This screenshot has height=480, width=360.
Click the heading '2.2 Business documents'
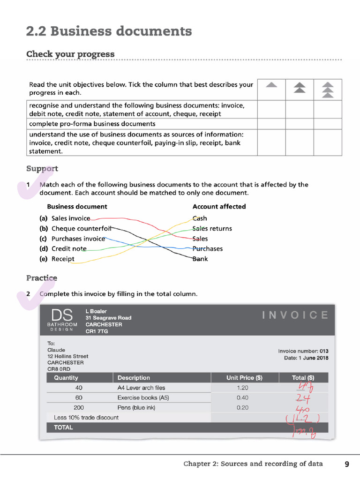point(109,31)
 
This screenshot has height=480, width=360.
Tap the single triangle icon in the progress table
point(271,85)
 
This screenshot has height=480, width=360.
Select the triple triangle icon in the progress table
point(328,89)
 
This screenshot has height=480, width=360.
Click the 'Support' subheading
point(42,168)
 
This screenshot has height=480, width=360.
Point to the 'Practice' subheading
point(42,278)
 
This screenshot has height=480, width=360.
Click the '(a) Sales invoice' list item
point(65,218)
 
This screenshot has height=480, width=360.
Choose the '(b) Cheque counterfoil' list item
point(75,229)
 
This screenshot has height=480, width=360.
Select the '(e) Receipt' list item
point(57,259)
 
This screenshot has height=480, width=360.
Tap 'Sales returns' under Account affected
point(212,229)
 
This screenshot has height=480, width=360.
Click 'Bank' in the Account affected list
point(200,259)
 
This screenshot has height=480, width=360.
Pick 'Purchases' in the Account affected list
point(208,249)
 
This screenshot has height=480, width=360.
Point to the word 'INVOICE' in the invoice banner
point(295,315)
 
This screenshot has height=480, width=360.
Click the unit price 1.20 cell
point(242,388)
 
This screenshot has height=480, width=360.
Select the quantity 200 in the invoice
point(79,408)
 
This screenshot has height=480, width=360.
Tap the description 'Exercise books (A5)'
point(143,398)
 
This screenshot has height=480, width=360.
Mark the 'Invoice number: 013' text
point(303,351)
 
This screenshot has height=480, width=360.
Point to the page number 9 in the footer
point(347,464)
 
